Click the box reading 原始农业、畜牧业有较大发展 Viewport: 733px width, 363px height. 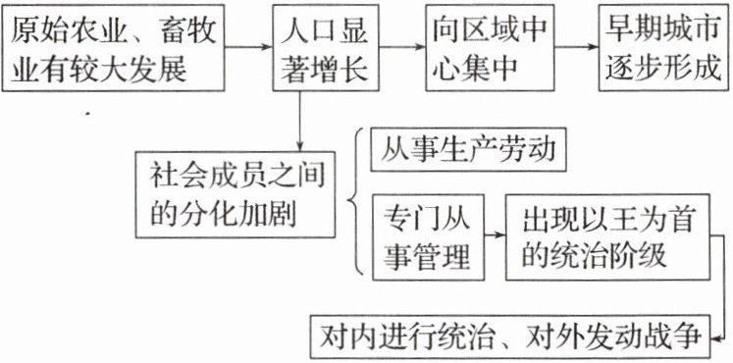pyautogui.click(x=113, y=48)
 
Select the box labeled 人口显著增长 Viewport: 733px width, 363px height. pyautogui.click(x=326, y=48)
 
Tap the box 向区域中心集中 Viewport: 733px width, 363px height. pyautogui.click(x=490, y=48)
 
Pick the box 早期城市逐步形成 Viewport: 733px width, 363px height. pyautogui.click(x=663, y=48)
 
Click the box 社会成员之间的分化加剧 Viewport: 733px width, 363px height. pyautogui.click(x=236, y=194)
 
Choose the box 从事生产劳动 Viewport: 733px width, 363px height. pyautogui.click(x=468, y=150)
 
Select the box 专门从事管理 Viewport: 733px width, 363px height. pyautogui.click(x=428, y=237)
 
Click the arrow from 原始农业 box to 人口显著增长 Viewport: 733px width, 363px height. pyautogui.click(x=248, y=47)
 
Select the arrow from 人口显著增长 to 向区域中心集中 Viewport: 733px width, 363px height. pyautogui.click(x=402, y=47)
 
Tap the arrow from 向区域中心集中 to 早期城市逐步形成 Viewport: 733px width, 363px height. pyautogui.click(x=576, y=47)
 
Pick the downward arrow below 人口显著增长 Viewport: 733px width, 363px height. pyautogui.click(x=299, y=122)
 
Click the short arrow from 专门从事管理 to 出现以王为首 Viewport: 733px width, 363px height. pyautogui.click(x=496, y=234)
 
